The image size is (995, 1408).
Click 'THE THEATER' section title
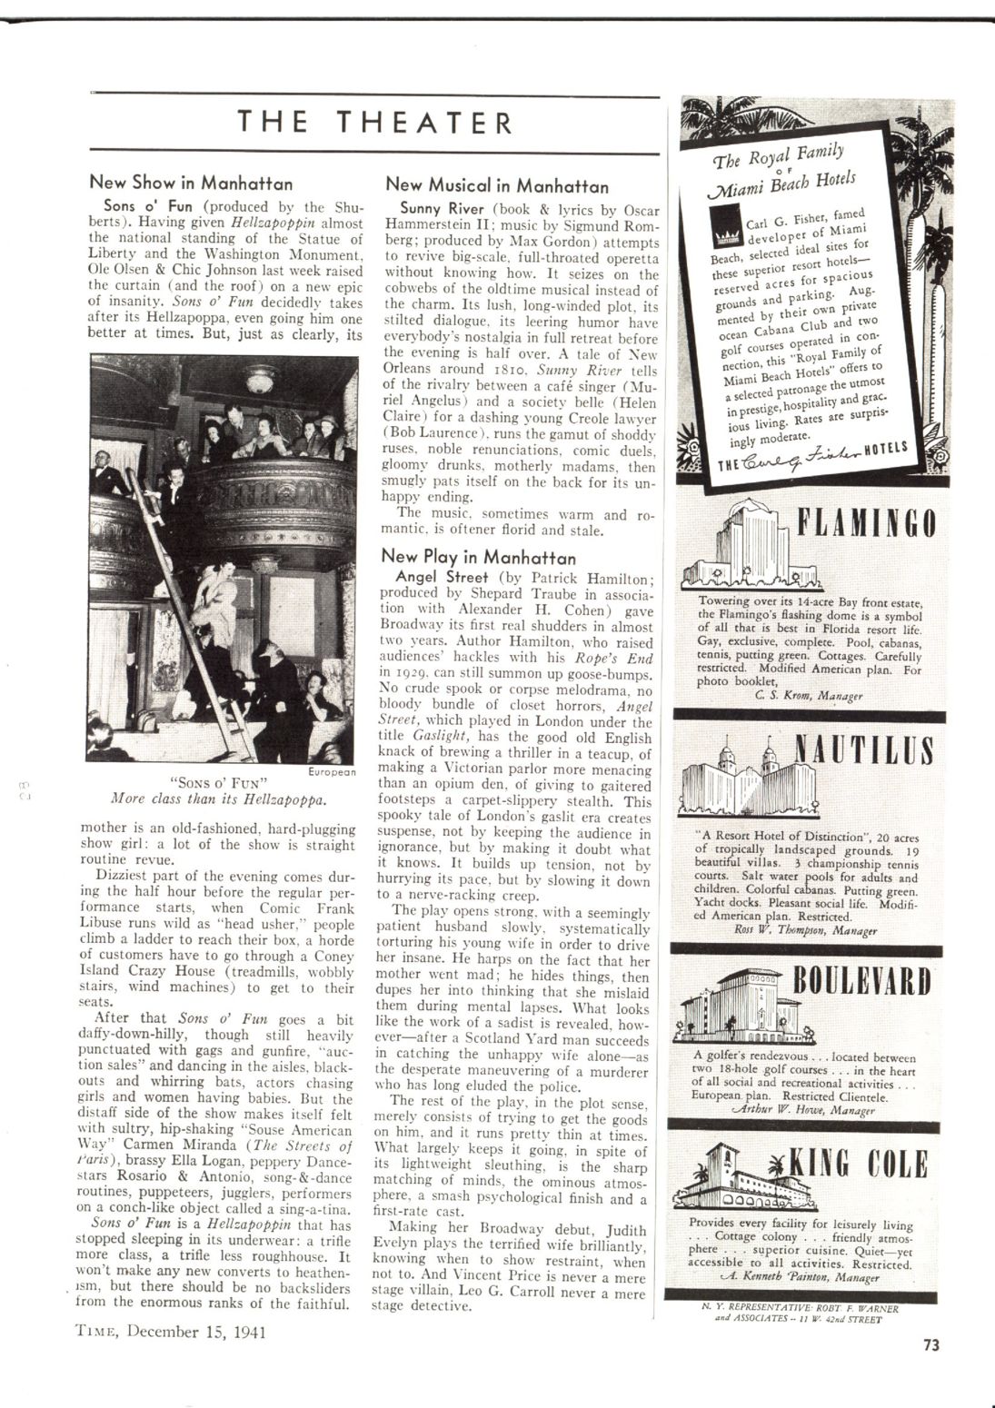(x=375, y=123)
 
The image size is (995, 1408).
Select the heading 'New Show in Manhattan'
(x=191, y=183)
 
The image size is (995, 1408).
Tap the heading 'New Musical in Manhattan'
(x=497, y=185)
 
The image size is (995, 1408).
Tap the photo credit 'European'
(x=332, y=770)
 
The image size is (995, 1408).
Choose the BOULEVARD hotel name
(x=863, y=983)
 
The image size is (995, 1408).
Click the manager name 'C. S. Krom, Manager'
(x=809, y=695)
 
